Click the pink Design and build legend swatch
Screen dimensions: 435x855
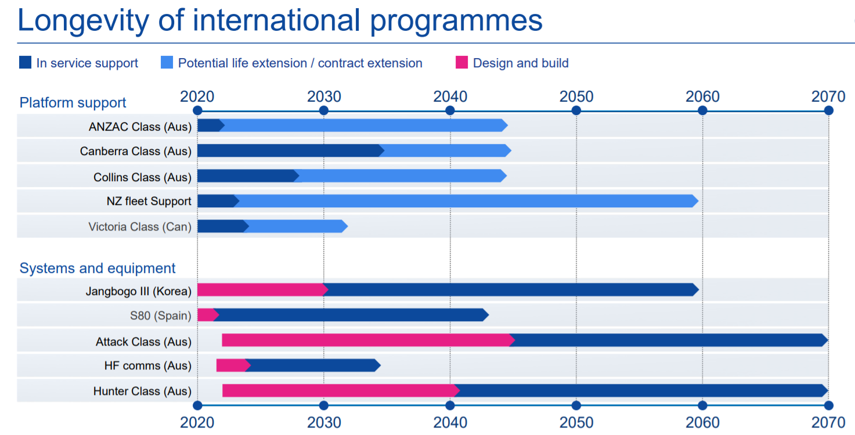coord(461,63)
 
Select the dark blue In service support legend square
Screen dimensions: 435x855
coord(25,63)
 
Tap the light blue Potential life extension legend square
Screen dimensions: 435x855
coord(167,63)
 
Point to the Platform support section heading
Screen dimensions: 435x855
coord(73,103)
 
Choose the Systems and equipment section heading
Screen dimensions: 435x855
coord(98,268)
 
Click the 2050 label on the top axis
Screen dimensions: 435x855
coord(576,96)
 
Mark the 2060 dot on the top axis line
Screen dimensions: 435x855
coord(702,110)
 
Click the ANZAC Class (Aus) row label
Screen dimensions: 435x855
coord(140,127)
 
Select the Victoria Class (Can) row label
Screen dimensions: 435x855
coord(140,227)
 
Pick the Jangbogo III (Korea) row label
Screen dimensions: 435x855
coord(138,291)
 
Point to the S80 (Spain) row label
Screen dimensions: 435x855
coord(161,316)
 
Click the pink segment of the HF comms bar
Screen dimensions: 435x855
coord(232,365)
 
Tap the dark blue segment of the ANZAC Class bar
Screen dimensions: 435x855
coord(210,125)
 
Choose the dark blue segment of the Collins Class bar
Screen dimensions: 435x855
coord(247,176)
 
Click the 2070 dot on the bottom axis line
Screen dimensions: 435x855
coord(828,405)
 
